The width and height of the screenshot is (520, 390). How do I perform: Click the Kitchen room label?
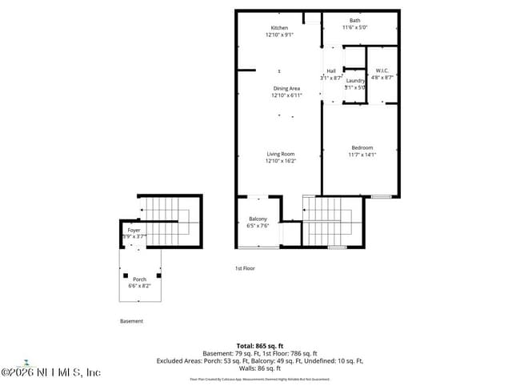click(x=279, y=28)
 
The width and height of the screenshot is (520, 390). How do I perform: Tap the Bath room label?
click(x=354, y=21)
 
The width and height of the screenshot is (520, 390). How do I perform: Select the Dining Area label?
click(x=286, y=88)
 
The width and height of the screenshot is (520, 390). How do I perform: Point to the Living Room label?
click(x=281, y=154)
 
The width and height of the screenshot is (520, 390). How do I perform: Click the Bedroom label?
click(x=362, y=147)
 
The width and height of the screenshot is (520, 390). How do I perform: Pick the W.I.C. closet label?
click(x=382, y=70)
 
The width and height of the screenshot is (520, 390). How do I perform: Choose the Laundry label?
click(x=355, y=80)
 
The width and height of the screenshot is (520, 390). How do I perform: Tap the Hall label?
click(x=330, y=71)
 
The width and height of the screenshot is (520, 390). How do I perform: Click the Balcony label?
click(x=258, y=219)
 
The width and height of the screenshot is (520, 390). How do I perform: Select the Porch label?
click(x=139, y=279)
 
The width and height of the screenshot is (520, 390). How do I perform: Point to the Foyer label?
click(x=134, y=230)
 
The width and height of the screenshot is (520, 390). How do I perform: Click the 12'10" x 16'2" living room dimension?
click(x=281, y=161)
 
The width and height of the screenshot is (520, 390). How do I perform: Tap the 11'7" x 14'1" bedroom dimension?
click(x=362, y=155)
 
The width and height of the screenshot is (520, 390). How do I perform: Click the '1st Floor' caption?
click(x=245, y=268)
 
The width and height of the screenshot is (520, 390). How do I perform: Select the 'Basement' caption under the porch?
click(x=132, y=321)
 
